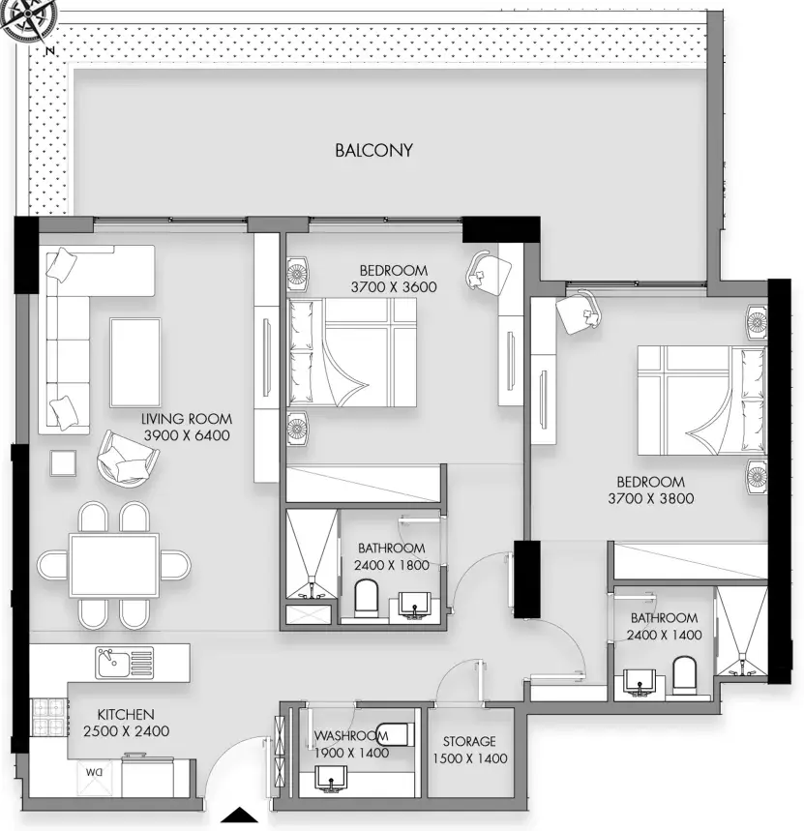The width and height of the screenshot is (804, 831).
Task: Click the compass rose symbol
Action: pos(25,21)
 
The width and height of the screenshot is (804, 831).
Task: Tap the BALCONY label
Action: pos(373,151)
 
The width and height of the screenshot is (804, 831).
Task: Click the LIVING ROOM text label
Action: pos(187,419)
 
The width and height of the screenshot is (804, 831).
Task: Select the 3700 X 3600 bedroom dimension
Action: pos(394,286)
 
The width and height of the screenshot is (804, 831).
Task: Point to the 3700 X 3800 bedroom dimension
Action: pos(651,498)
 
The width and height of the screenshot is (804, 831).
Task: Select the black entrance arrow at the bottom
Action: pos(240,815)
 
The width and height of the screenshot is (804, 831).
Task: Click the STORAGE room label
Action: pos(469,741)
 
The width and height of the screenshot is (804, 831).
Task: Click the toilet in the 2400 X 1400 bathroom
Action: pos(684,674)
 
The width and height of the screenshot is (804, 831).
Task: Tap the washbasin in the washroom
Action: pos(331,779)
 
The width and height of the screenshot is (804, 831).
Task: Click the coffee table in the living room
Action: pos(135,362)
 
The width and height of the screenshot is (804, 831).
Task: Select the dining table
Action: pos(114,565)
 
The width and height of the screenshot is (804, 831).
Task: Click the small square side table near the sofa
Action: pos(63,463)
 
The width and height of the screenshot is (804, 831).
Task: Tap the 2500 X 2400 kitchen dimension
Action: pos(126,730)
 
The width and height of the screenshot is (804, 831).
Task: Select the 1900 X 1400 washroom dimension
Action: pos(351,753)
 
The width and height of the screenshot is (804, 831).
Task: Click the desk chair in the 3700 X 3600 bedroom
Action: pos(489,271)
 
